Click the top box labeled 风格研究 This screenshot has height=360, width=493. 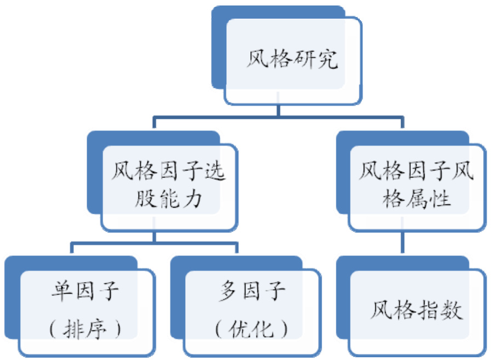point(292,60)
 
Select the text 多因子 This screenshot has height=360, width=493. point(251,291)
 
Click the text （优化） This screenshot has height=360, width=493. point(251,329)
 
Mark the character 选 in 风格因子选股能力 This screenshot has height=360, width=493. point(215,173)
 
